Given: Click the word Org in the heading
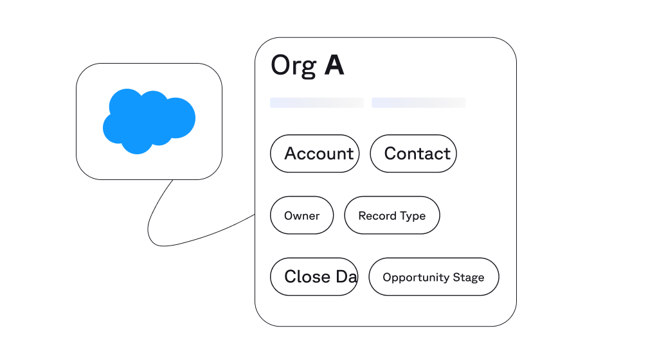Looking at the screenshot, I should (293, 66).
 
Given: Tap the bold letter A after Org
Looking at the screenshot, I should (334, 66).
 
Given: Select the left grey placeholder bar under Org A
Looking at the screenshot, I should (316, 103).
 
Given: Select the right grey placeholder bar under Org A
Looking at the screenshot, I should (418, 103).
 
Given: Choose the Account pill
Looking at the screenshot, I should (314, 154).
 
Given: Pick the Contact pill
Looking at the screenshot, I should (413, 154).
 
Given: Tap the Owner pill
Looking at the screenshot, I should (301, 215).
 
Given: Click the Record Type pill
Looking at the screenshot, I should (392, 215).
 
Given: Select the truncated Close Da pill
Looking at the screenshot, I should (314, 276).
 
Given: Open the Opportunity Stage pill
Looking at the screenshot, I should (433, 277).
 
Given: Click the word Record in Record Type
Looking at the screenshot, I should (377, 216).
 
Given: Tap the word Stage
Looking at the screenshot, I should (469, 278).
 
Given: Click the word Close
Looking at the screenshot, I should (307, 276).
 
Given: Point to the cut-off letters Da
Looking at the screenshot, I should (346, 276).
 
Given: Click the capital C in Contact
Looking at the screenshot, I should (390, 154).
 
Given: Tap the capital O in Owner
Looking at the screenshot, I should (289, 216).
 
